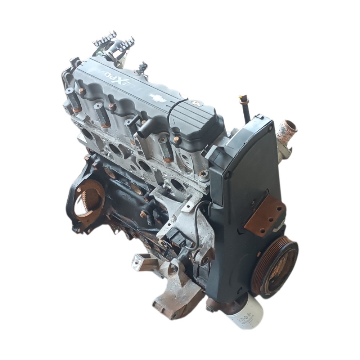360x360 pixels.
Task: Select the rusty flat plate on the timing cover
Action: pyautogui.click(x=266, y=215)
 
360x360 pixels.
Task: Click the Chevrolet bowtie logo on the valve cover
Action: pyautogui.click(x=158, y=99)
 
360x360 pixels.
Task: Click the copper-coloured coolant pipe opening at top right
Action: pyautogui.click(x=288, y=127)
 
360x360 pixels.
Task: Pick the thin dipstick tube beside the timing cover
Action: pyautogui.click(x=247, y=109)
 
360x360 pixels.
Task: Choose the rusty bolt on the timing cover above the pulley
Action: pyautogui.click(x=258, y=254)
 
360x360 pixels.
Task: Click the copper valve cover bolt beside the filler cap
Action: pyautogui.click(x=176, y=139)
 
